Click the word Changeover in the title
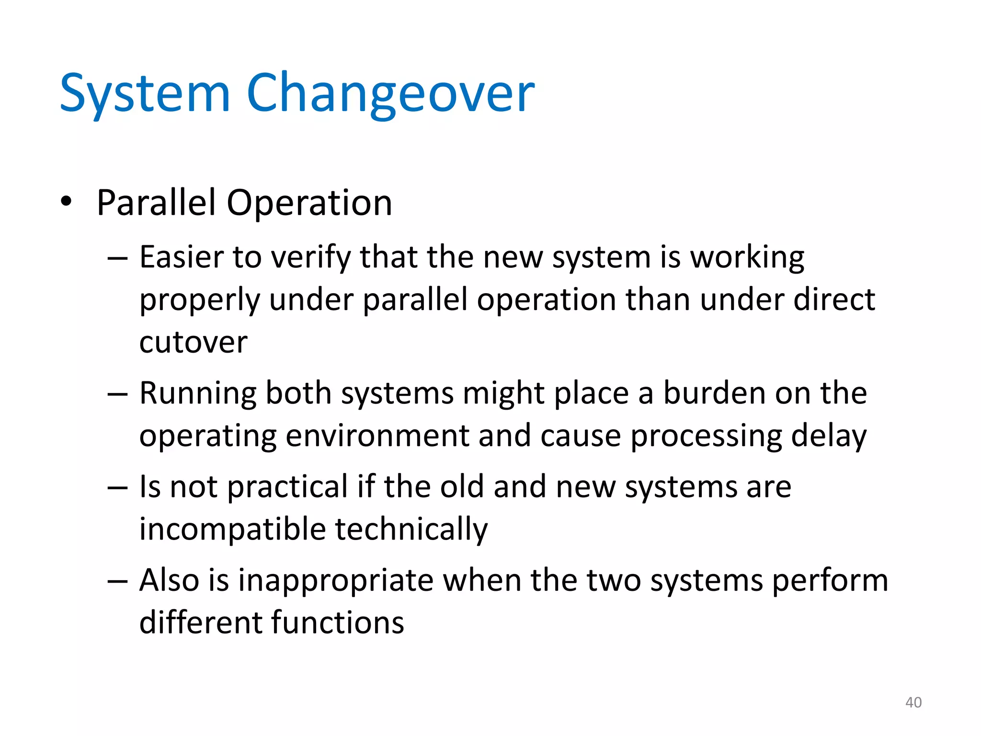(x=390, y=92)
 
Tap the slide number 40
(x=913, y=702)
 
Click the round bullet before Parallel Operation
(x=66, y=202)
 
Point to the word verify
(x=311, y=257)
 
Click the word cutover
(x=193, y=342)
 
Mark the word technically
(x=411, y=529)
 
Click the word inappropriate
(x=336, y=581)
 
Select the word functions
(x=338, y=622)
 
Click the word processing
(x=706, y=437)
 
